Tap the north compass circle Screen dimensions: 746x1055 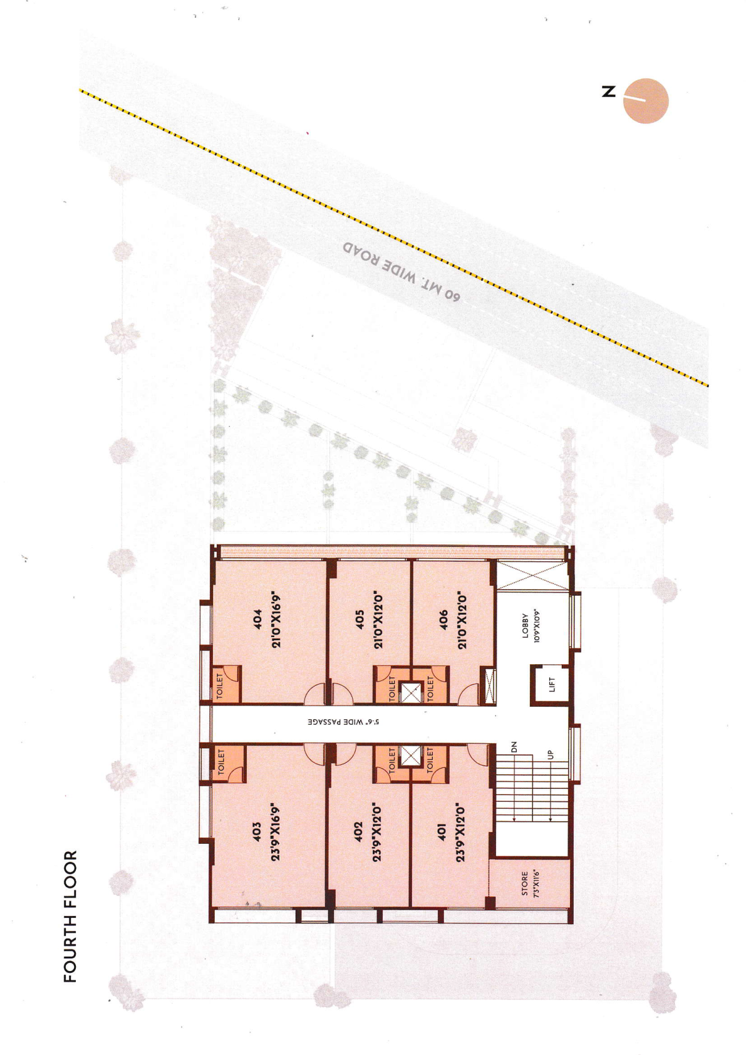coord(646,101)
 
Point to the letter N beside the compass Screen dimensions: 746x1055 coord(608,91)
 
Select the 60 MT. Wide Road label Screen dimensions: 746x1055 coord(401,273)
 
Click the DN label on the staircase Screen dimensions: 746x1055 coord(514,747)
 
